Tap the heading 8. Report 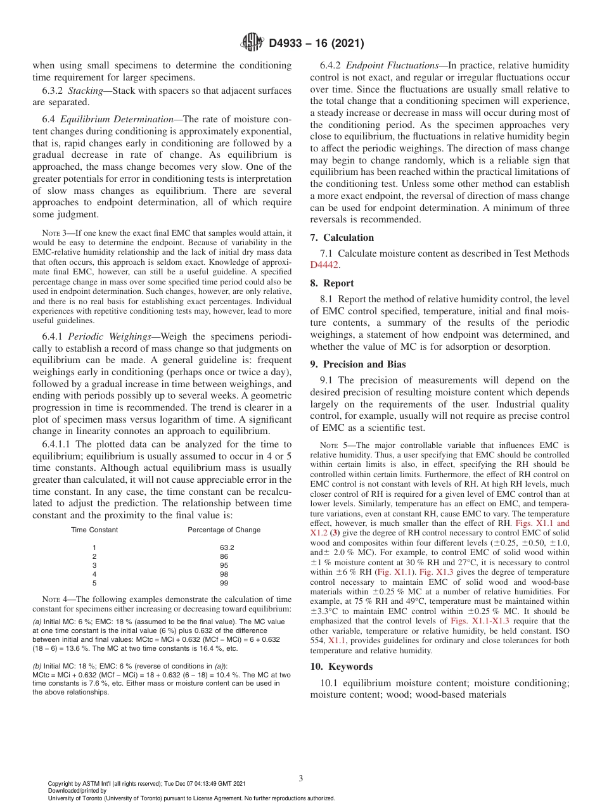[332, 283]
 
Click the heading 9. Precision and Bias [358, 364]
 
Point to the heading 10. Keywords [342, 667]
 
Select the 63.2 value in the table [227, 547]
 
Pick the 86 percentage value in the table [224, 556]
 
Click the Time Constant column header [94, 530]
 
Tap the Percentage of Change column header [224, 530]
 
